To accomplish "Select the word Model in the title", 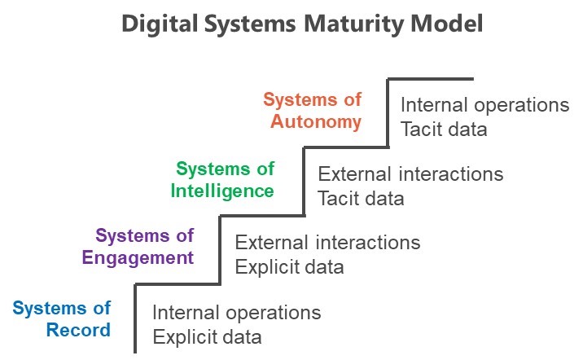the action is pyautogui.click(x=447, y=24).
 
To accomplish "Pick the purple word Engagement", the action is pyautogui.click(x=138, y=258).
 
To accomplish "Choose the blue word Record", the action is pyautogui.click(x=78, y=330).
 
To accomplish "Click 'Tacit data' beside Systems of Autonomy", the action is pyautogui.click(x=444, y=130).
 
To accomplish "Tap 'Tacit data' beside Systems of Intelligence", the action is pyautogui.click(x=361, y=198).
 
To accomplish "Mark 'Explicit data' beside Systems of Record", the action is pyautogui.click(x=207, y=338).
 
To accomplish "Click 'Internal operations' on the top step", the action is pyautogui.click(x=484, y=106).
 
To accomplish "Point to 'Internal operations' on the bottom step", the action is pyautogui.click(x=237, y=314).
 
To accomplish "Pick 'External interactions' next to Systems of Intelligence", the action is pyautogui.click(x=410, y=174).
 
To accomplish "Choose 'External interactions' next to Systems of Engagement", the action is pyautogui.click(x=327, y=243).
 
